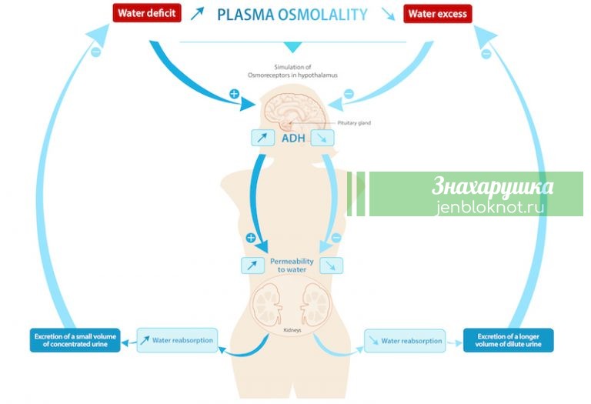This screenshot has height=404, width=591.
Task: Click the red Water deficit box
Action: (146, 13)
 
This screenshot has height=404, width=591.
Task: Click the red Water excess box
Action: (438, 13)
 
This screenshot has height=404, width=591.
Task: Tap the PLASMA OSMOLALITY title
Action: (292, 14)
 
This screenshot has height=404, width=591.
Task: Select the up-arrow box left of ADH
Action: (262, 139)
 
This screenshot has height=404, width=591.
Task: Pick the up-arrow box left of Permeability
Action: (252, 265)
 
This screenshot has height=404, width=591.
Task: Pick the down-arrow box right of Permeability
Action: (332, 265)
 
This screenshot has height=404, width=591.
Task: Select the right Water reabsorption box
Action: (404, 341)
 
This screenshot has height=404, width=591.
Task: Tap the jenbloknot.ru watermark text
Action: (493, 206)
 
